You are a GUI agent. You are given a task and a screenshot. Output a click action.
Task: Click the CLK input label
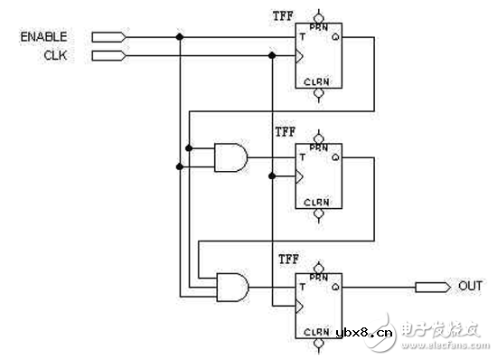pyautogui.click(x=55, y=54)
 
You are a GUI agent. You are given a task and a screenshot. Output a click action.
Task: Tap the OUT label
pyautogui.click(x=470, y=287)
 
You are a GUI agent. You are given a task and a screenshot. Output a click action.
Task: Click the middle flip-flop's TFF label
pyautogui.click(x=284, y=132)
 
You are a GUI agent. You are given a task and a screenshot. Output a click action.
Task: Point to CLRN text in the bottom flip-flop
pyautogui.click(x=316, y=331)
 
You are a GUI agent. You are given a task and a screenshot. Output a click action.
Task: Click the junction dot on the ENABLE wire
pyautogui.click(x=181, y=37)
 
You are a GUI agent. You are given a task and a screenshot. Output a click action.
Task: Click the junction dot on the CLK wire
pyautogui.click(x=272, y=55)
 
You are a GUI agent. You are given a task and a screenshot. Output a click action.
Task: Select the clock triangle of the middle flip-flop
pyautogui.click(x=300, y=175)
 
